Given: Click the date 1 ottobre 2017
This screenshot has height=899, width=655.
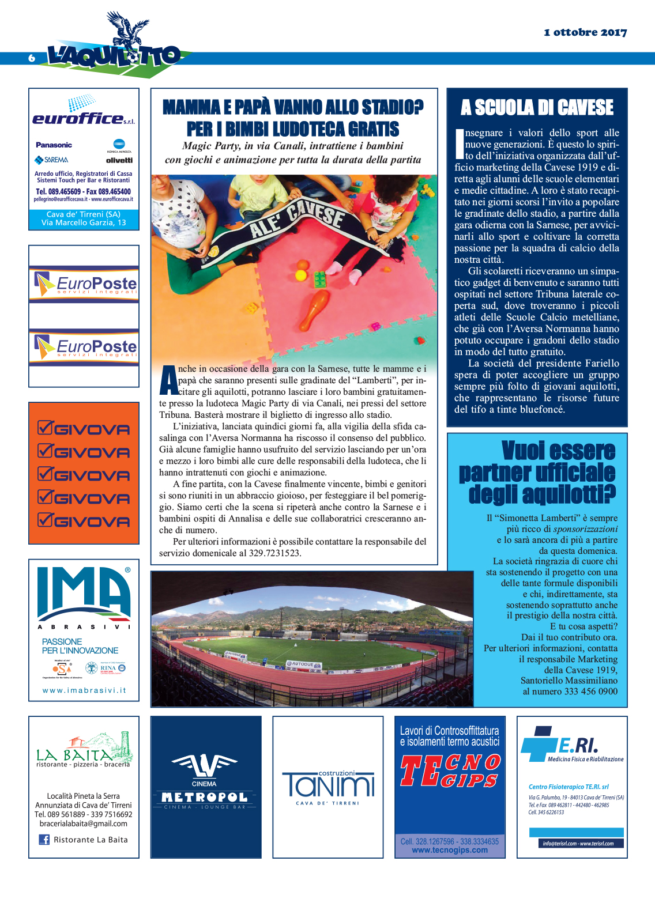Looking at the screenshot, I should (x=585, y=32).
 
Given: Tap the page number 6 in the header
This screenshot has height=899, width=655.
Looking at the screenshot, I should (x=32, y=58).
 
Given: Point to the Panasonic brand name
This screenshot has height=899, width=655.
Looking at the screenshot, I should (x=54, y=145).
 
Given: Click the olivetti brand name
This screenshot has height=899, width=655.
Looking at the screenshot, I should (x=119, y=160).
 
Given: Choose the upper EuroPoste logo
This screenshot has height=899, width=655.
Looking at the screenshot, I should (x=84, y=284).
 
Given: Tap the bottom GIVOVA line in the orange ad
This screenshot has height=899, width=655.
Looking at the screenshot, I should (x=84, y=521).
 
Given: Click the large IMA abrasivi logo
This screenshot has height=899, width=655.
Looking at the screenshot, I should (x=84, y=593).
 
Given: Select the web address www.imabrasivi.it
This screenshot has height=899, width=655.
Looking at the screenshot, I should (x=84, y=690).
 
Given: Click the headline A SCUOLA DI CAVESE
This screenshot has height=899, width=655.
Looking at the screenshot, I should (x=537, y=108).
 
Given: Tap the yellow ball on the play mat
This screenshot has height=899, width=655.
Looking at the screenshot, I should (x=301, y=275).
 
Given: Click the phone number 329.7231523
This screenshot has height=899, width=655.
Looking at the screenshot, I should (x=274, y=553).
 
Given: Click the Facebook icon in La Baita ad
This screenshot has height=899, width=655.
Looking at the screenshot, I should (x=44, y=840).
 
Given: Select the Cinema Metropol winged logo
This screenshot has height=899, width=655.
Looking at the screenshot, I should (x=204, y=766).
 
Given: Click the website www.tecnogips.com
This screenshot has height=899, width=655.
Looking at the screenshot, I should (x=450, y=850).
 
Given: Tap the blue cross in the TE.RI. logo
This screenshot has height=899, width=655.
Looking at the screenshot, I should (x=540, y=744).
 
